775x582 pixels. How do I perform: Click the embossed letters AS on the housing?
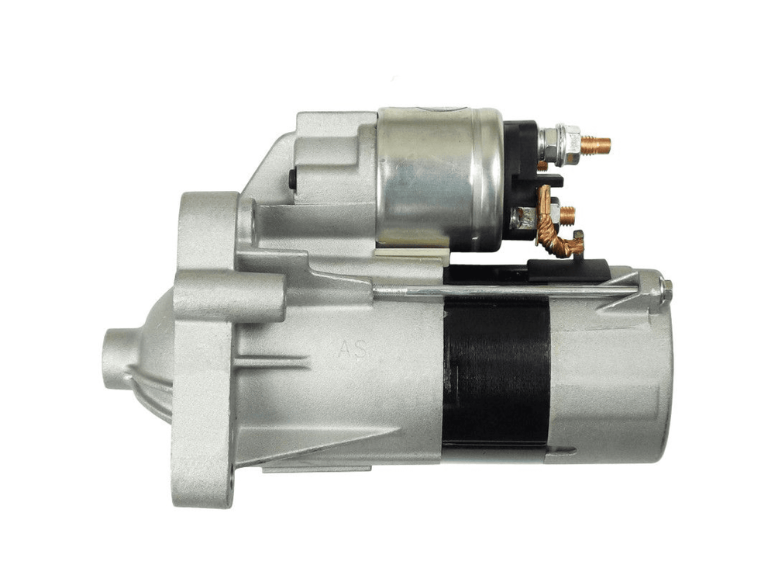[x=353, y=350]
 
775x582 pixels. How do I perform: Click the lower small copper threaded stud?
[x=568, y=214]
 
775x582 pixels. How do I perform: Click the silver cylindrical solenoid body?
[x=439, y=178]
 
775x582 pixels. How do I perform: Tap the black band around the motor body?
[x=496, y=371]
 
